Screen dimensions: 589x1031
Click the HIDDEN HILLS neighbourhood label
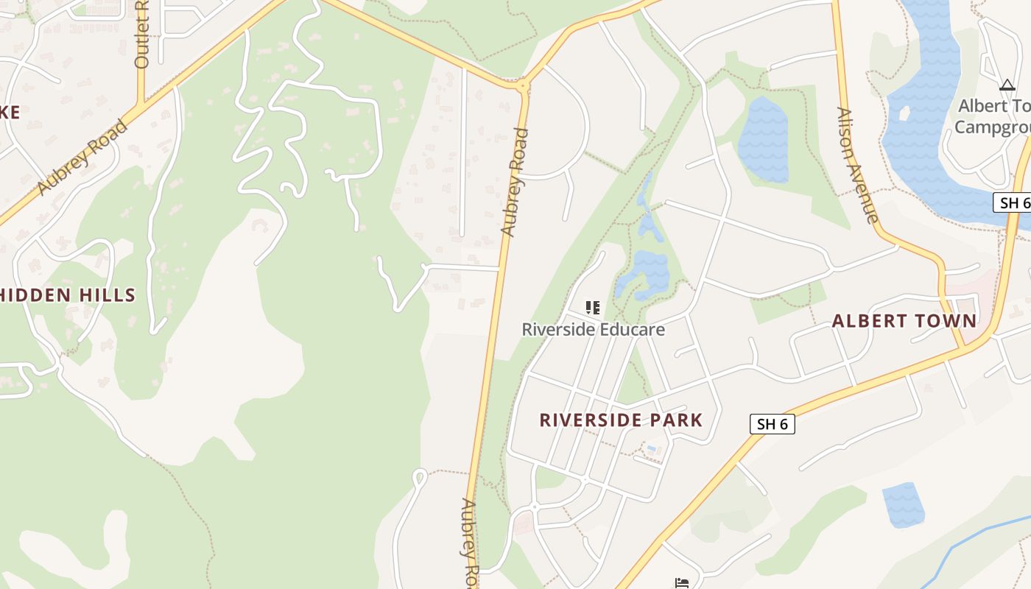point(68,295)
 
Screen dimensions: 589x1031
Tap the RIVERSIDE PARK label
point(621,420)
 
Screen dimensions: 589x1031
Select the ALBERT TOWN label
point(904,321)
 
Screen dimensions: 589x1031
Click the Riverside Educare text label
point(593,329)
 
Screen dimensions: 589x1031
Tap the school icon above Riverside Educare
point(592,307)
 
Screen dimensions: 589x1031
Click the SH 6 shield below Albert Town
point(773,424)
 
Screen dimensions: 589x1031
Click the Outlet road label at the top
point(142,35)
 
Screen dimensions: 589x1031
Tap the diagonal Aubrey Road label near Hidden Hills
point(82,158)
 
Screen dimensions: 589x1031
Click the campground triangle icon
point(1007,85)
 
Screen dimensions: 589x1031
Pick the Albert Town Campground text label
point(994,116)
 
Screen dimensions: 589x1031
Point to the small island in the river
point(904,113)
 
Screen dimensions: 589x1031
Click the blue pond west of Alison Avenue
point(763,140)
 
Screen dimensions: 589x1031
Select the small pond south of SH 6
point(903,504)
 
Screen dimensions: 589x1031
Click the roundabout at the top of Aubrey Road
point(523,86)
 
